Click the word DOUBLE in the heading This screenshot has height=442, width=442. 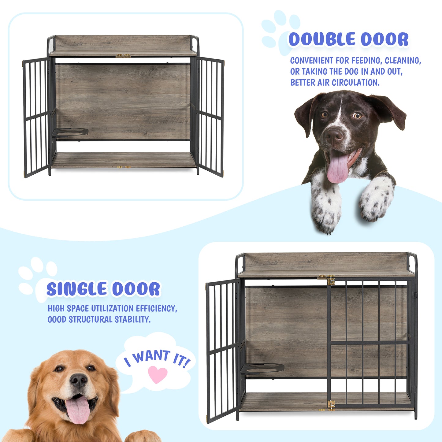click(x=322, y=39)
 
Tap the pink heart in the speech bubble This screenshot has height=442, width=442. click(x=158, y=374)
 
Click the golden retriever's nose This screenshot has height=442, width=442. click(x=78, y=380)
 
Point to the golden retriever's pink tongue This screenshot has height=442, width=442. click(x=78, y=410)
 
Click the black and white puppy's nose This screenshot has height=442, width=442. click(x=334, y=135)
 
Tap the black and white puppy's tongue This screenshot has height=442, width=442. click(x=337, y=169)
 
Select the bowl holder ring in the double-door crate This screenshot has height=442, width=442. click(x=70, y=132)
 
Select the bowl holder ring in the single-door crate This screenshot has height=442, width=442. click(x=263, y=368)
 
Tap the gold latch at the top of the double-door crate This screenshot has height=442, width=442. click(x=123, y=56)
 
